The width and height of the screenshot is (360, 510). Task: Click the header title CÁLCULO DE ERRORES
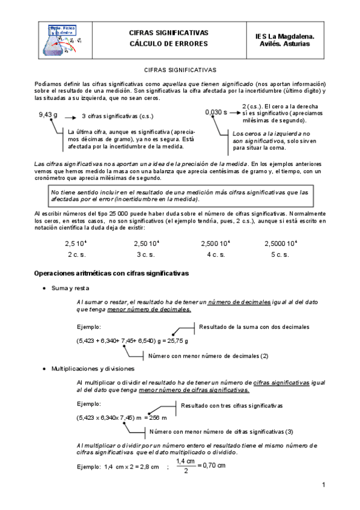[x=168, y=44]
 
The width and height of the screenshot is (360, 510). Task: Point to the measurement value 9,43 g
[x=48, y=114]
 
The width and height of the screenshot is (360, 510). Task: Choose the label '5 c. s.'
[x=279, y=254]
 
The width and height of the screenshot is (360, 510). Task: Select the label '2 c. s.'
[x=77, y=254]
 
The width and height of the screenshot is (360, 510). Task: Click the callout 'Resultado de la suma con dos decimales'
[x=254, y=327]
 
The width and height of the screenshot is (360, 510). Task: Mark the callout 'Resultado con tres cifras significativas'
[x=231, y=405]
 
